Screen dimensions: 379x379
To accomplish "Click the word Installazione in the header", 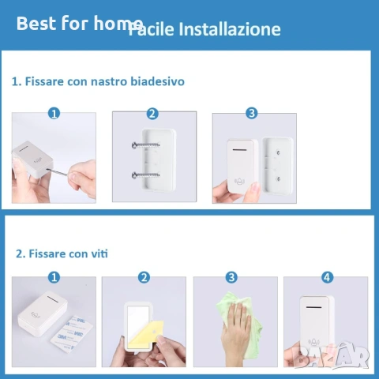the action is pos(230,29).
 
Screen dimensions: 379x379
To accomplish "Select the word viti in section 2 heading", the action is pos(99,253).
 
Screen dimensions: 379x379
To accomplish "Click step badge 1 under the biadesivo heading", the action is pos(54,114).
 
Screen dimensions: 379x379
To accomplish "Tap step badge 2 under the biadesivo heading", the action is pos(152,114).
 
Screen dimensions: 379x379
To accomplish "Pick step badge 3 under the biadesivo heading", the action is pos(251,113).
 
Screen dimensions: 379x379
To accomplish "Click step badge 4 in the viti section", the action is pos(327,277).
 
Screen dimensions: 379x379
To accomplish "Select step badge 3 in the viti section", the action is pos(231,277).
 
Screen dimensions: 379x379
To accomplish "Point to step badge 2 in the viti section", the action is pos(144,277).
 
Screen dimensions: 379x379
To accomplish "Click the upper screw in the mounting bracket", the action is pos(145,144).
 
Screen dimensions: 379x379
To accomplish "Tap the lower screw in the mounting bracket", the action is pos(145,174).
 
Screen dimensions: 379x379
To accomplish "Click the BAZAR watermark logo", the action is pos(331,355).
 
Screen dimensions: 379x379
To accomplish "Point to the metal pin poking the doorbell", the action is pos(58,172).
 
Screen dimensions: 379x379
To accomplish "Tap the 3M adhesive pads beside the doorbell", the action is pos(71,334).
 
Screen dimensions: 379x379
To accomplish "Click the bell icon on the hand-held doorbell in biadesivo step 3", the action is pos(240,181).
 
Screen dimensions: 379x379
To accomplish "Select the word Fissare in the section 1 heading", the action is pos(44,81).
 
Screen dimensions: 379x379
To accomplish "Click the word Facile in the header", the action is pos(151,29).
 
